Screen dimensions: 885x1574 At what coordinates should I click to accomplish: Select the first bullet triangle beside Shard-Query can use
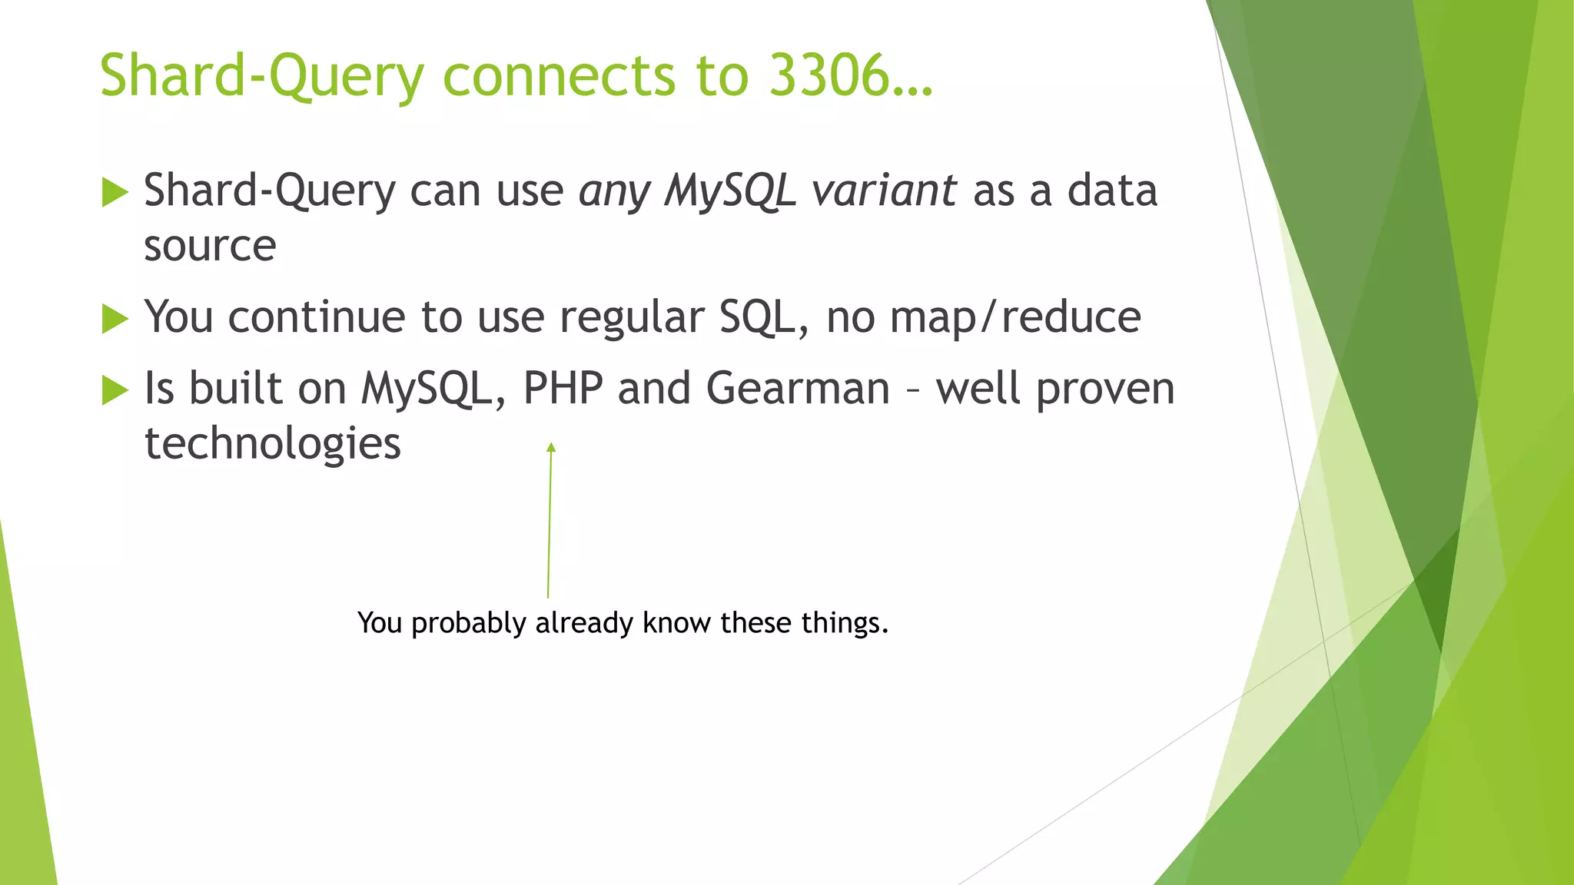coord(115,192)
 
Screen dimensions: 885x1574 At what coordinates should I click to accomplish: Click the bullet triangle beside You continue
coord(115,319)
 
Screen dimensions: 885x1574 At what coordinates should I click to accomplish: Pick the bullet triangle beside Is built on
coord(115,390)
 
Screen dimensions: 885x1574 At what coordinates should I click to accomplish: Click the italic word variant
coord(884,191)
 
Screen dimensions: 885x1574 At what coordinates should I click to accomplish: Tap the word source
coord(210,247)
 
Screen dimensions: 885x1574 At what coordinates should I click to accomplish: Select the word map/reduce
coord(1015,317)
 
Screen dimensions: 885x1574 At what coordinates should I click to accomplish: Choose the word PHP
coord(563,388)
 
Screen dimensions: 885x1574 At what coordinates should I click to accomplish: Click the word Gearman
coord(798,388)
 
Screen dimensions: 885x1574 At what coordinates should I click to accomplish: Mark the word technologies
coord(273,445)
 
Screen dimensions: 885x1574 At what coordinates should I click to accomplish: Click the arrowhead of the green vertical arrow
coord(551,448)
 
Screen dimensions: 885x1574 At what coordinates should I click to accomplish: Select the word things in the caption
coord(843,623)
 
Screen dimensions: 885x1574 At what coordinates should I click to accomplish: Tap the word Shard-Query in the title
coord(262,77)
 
